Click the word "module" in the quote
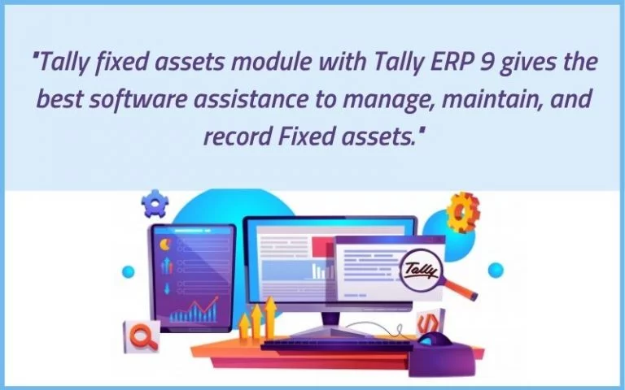coord(271,63)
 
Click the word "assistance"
coord(251,100)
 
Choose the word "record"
coord(237,136)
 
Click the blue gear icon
coord(155,203)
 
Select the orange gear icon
coord(462,212)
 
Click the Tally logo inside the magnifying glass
coord(421,271)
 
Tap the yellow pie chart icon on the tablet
coord(165,245)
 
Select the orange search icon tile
coord(142,336)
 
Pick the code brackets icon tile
coord(430,323)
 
